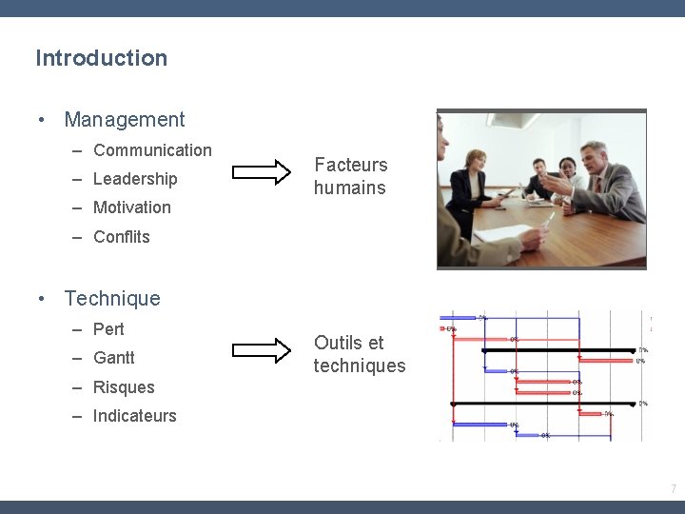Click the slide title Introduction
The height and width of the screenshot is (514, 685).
click(101, 58)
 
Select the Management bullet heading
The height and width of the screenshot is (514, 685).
click(124, 120)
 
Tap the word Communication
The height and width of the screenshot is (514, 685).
click(152, 150)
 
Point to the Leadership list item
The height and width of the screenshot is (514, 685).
click(135, 179)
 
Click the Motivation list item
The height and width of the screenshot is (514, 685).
click(132, 208)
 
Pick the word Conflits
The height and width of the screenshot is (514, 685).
click(122, 237)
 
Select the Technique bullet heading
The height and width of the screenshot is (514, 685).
click(112, 299)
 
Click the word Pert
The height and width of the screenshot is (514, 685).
click(108, 329)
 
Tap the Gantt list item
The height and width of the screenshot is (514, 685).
click(114, 358)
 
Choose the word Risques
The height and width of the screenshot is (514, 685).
click(124, 387)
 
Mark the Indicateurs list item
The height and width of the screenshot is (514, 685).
click(134, 416)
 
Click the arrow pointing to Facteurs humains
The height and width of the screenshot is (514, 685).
click(262, 172)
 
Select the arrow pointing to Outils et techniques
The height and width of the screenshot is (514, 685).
click(262, 350)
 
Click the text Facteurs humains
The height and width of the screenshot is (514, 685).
click(350, 176)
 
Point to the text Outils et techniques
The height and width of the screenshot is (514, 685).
click(359, 354)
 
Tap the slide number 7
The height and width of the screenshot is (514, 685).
click(674, 489)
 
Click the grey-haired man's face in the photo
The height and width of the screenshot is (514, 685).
click(595, 157)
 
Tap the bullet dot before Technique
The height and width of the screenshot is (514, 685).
click(42, 299)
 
